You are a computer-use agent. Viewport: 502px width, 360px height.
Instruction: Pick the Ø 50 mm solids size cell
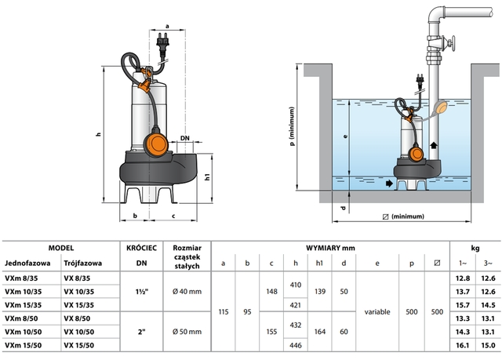click(188, 331)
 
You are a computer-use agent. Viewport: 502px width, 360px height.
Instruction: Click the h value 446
click(296, 344)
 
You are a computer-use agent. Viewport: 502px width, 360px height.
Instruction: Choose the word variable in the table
click(377, 311)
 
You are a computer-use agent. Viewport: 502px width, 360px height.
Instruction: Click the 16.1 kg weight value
click(461, 344)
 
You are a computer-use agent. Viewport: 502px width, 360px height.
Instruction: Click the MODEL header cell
click(60, 246)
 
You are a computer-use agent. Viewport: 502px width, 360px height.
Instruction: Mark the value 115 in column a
click(224, 311)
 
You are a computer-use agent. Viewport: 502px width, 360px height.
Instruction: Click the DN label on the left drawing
click(185, 138)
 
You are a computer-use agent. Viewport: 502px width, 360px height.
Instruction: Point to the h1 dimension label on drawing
click(209, 176)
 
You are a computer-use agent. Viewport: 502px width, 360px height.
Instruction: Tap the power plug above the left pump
click(165, 38)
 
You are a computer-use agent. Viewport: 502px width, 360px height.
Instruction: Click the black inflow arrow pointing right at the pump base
click(391, 183)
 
